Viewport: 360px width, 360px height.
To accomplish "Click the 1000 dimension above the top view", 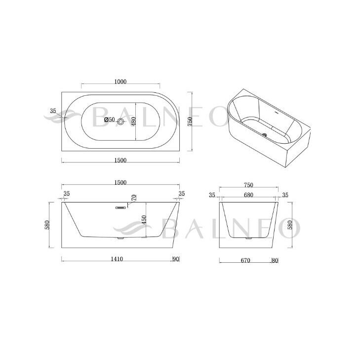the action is click(120, 82).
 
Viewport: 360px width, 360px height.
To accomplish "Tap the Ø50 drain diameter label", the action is click(109, 120).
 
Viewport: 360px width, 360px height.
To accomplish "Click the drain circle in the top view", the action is click(120, 121).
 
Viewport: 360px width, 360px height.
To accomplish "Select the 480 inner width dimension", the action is click(134, 121).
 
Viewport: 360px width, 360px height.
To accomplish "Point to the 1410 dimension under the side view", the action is click(117, 259).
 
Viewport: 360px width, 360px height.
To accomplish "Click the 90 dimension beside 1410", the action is click(176, 259).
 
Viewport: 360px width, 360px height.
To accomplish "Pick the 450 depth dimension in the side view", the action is click(144, 220).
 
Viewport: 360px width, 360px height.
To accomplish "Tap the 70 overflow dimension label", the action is click(134, 198).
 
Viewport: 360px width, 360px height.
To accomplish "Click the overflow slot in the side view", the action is click(120, 207).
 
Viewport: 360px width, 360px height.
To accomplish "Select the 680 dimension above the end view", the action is click(249, 195).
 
